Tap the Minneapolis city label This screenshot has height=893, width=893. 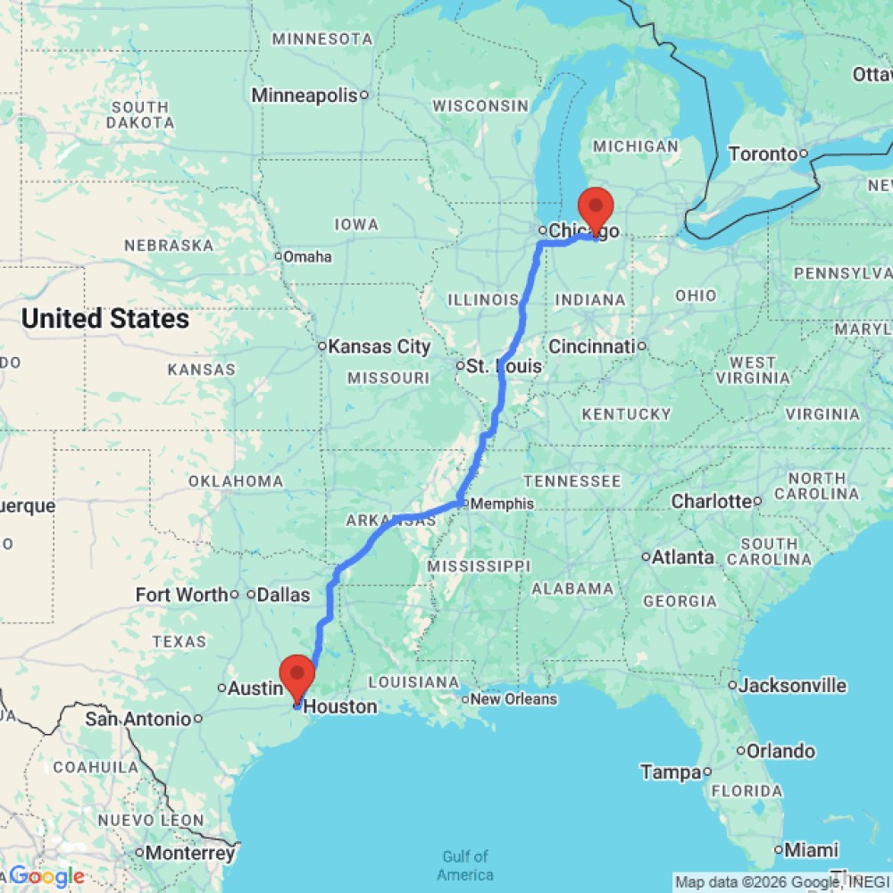coord(305,96)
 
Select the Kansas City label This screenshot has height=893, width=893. coord(380,346)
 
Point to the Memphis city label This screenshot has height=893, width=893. coord(502,504)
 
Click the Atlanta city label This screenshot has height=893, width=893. coord(683,557)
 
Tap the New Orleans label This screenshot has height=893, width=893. coord(513,699)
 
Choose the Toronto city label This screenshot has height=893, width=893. coord(763,154)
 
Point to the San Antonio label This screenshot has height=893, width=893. coord(138,719)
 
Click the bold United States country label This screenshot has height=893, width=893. coord(105,319)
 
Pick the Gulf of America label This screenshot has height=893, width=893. coord(465,865)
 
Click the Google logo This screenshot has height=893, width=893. coord(46,876)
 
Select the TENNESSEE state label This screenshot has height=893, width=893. coord(572,481)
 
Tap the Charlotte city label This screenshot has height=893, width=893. coord(711,501)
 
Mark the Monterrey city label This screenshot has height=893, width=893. coord(190,853)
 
